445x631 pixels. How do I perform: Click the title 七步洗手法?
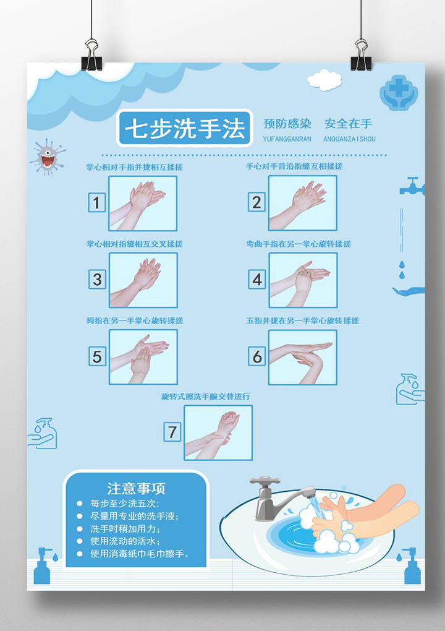pyautogui.click(x=185, y=129)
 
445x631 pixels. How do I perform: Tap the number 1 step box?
pyautogui.click(x=96, y=202)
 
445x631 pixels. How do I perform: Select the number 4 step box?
pyautogui.click(x=257, y=280)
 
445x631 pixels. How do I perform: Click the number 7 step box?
pyautogui.click(x=172, y=432)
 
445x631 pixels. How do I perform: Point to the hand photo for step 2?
pyautogui.click(x=302, y=203)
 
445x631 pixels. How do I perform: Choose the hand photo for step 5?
pyautogui.click(x=143, y=356)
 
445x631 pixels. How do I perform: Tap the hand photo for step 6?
pyautogui.click(x=302, y=357)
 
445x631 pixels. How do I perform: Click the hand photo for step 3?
pyautogui.click(x=143, y=280)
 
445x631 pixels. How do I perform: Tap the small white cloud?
pyautogui.click(x=324, y=80)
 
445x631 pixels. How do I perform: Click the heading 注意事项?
pyautogui.click(x=136, y=489)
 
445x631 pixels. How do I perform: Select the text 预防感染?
pyautogui.click(x=287, y=124)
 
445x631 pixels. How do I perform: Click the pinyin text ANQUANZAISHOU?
pyautogui.click(x=349, y=139)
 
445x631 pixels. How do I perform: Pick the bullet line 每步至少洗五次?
pyautogui.click(x=125, y=504)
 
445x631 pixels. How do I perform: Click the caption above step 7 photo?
pyautogui.click(x=206, y=397)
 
